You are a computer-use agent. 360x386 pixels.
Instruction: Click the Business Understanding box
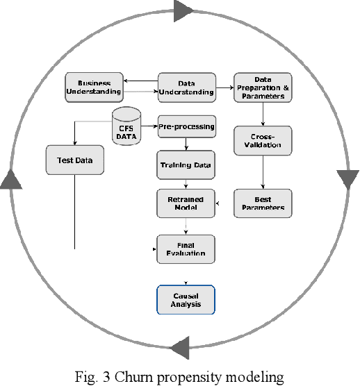point(94,86)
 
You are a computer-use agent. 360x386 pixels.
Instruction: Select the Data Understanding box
point(186,87)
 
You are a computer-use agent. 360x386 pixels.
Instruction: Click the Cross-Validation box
point(262,140)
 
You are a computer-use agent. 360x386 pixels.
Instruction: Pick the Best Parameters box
point(262,203)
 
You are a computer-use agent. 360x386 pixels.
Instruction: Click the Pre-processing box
point(186,127)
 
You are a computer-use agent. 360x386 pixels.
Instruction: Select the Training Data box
point(186,165)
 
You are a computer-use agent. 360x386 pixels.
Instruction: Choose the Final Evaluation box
point(186,248)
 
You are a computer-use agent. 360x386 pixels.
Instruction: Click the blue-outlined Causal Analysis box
point(186,299)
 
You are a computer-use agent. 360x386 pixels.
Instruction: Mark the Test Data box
point(74,161)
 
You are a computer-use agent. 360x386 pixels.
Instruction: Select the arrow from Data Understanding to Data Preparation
point(224,87)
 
